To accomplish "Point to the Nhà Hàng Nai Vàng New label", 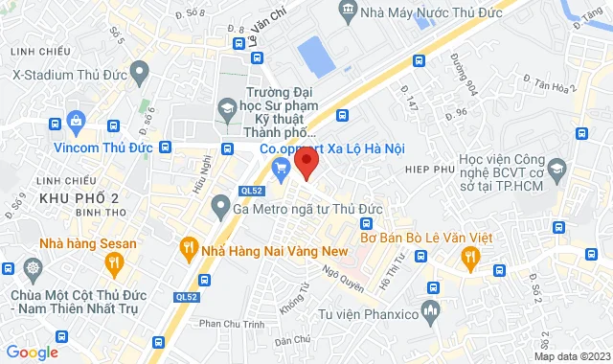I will (x=273, y=250).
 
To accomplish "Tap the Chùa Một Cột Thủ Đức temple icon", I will (x=34, y=268).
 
